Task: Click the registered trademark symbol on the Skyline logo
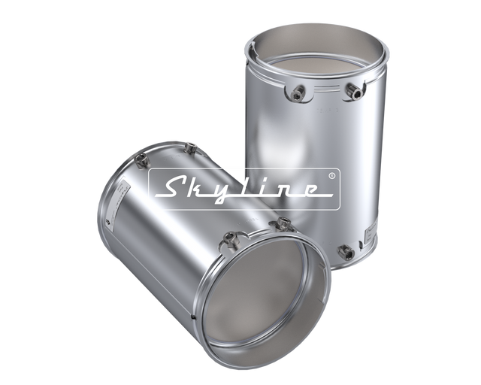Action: (x=332, y=176)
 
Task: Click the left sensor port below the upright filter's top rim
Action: (x=298, y=92)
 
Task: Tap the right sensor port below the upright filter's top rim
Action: (x=354, y=89)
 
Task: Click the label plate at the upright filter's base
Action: (x=371, y=234)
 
